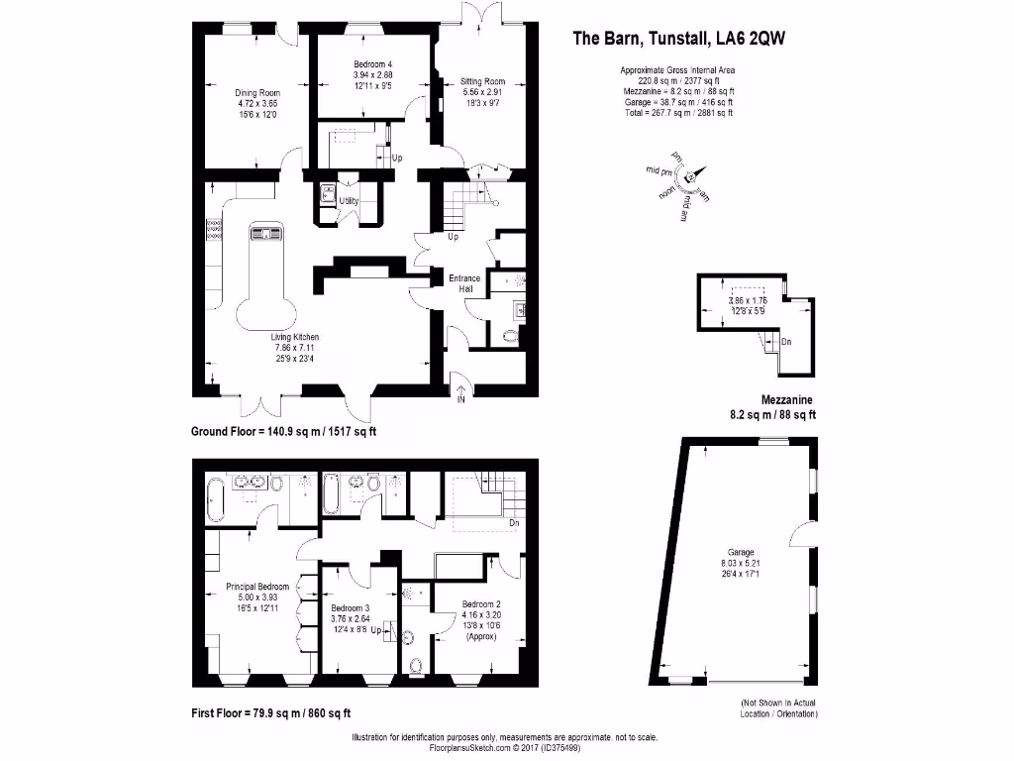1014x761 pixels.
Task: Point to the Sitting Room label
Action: [x=482, y=82]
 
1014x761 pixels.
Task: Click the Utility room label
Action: [x=349, y=201]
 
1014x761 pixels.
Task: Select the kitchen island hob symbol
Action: [x=266, y=234]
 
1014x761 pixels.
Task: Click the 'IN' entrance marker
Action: [x=460, y=399]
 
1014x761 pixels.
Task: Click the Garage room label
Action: [x=741, y=552]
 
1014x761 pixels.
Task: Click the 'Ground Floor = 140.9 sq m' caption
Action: [x=283, y=431]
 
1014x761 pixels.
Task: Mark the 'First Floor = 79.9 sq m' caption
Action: [x=270, y=712]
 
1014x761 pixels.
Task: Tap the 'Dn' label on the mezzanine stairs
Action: [x=786, y=342]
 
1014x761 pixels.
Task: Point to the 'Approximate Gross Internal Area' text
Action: [x=677, y=70]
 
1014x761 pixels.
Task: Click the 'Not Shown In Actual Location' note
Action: [x=779, y=707]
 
